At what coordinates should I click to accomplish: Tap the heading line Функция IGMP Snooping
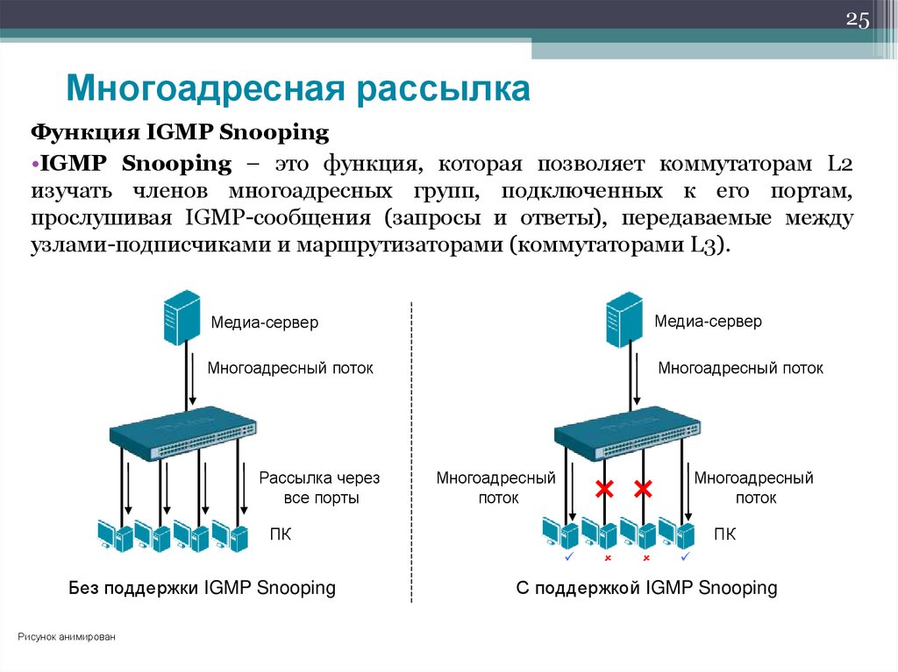click(180, 133)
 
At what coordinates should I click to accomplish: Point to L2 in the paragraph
click(838, 163)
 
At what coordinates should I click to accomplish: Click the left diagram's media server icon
click(182, 320)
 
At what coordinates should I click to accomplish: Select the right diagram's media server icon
click(625, 319)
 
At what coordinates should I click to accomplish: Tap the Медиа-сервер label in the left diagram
click(264, 322)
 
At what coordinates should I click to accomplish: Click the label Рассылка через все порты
click(319, 488)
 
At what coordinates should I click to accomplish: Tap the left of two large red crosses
click(603, 490)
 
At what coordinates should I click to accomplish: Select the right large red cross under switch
click(645, 490)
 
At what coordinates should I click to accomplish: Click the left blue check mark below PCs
click(568, 556)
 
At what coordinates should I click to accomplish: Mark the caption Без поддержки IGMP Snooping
click(203, 588)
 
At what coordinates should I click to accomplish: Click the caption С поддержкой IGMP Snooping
click(646, 588)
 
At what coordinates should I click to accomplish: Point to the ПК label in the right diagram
click(724, 534)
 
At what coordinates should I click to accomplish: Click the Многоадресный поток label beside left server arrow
click(290, 368)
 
